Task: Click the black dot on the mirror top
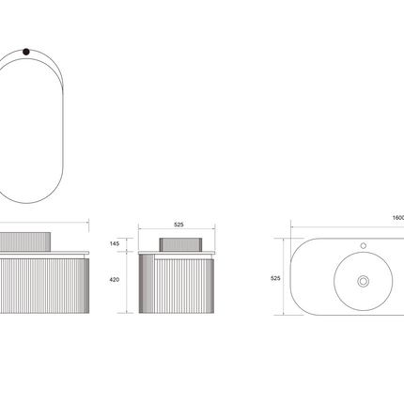click(x=26, y=52)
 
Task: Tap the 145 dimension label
click(x=115, y=243)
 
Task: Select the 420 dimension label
click(x=115, y=280)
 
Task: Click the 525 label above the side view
click(x=179, y=225)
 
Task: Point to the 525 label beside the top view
click(x=275, y=278)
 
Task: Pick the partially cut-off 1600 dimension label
click(x=398, y=218)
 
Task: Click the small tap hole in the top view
click(x=364, y=246)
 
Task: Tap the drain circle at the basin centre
click(x=364, y=281)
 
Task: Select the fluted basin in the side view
click(x=180, y=244)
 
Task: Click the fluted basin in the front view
click(x=25, y=241)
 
